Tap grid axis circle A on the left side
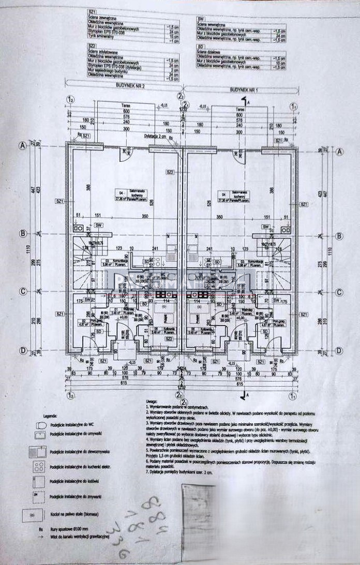(x=22, y=146)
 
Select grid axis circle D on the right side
(x=339, y=351)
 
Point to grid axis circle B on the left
(x=22, y=234)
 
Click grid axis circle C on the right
(x=339, y=292)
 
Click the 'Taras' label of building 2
(x=125, y=110)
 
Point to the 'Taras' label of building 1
(x=239, y=110)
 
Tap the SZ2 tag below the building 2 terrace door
(x=169, y=172)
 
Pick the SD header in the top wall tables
(x=201, y=47)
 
